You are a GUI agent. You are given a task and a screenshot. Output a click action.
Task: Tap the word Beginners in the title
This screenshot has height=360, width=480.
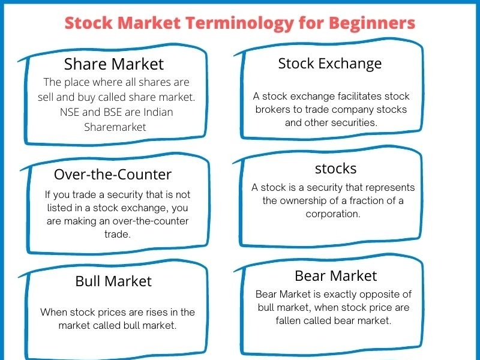coord(370,23)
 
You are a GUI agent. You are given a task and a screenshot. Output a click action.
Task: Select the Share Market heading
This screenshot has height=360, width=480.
coord(113,64)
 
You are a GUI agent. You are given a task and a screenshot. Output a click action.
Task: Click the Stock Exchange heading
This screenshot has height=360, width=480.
coord(329,63)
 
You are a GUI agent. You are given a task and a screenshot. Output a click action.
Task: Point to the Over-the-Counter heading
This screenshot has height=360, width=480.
coord(113,175)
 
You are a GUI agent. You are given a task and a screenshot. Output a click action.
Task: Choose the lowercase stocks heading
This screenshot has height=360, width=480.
coord(335,168)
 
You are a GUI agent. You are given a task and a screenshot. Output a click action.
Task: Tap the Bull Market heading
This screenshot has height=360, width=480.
coord(113,281)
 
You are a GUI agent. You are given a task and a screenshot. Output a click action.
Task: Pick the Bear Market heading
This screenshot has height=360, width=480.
coord(335,275)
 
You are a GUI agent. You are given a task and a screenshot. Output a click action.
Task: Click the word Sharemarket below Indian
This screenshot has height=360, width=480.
coord(115,127)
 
